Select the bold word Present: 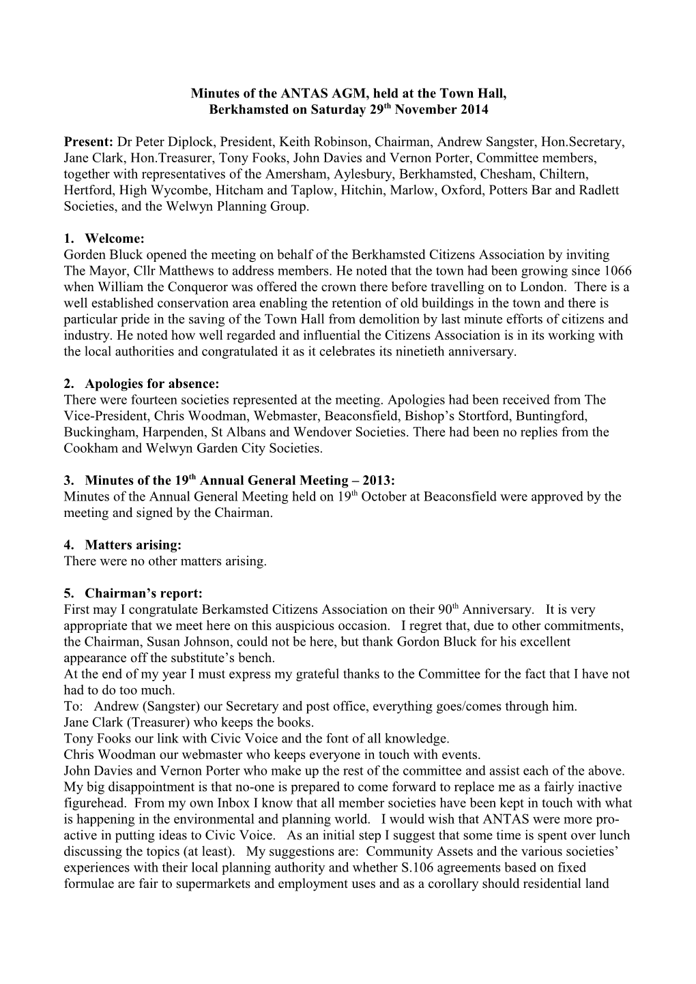tap(88, 142)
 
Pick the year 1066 tap(615, 271)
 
